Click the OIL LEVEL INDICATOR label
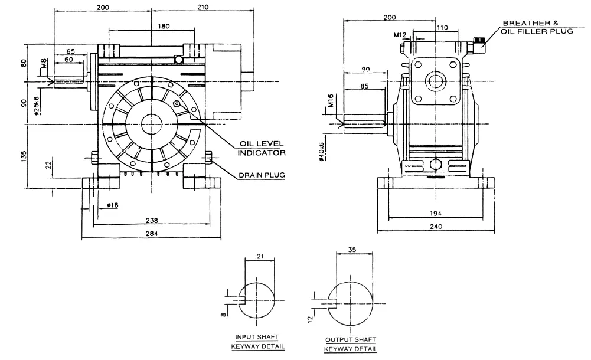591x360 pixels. tap(262, 148)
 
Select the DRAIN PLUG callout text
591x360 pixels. tap(262, 175)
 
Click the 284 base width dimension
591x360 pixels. tap(152, 234)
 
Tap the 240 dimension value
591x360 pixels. tap(437, 225)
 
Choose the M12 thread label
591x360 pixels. tap(400, 35)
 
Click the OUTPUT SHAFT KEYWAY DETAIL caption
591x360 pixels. tap(351, 344)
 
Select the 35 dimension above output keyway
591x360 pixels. tap(352, 250)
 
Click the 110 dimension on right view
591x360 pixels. tap(442, 27)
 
